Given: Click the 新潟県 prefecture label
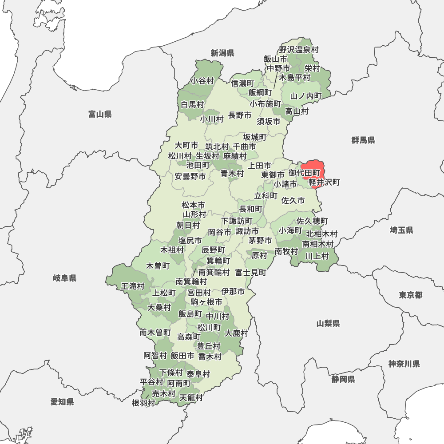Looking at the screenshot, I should pos(222,53).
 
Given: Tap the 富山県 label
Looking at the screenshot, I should pos(100,115).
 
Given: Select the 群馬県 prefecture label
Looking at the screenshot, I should pos(363,140).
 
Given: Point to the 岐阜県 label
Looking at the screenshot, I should pos(65,278).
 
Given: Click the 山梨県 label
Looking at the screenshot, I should pos(328,323).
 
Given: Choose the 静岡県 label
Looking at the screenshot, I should pos(343,379).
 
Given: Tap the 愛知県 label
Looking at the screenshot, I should pos(62,402).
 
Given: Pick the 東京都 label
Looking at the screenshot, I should pos(410,295).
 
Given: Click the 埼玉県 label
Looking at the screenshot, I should pos(401,230).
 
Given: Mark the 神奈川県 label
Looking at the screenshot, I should pos(404,364).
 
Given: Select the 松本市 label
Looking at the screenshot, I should pos(194,205).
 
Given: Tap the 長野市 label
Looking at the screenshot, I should pos(240,115).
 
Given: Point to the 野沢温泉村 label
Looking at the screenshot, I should pos(299,50).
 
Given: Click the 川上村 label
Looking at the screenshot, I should pos(317,256).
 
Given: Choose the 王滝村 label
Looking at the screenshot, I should pos(133,286).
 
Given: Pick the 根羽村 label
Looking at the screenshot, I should pos(143,403).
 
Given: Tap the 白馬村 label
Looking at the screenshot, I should pos(192,105).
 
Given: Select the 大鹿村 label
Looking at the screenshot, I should pos(236,333).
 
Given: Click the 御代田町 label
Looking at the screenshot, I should pos(304,172).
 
